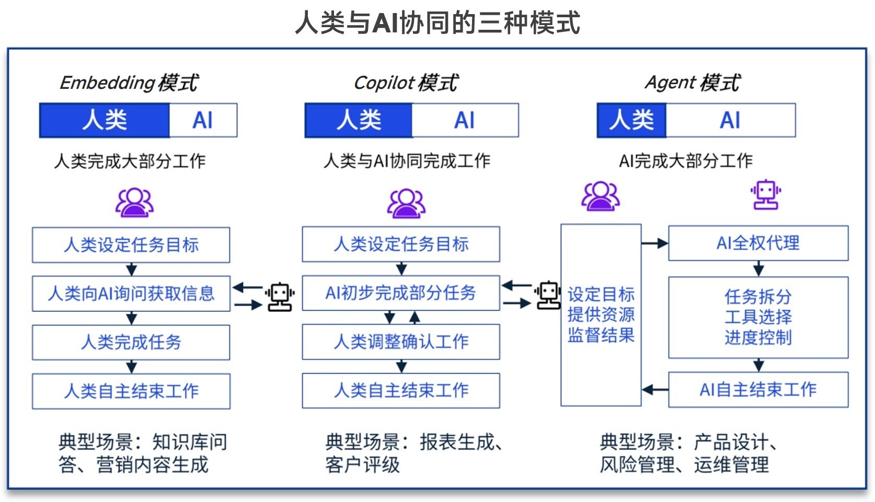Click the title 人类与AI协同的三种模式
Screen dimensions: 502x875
click(437, 23)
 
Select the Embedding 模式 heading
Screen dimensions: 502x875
click(129, 83)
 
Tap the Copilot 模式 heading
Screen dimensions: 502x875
click(406, 83)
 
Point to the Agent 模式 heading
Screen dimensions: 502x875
click(693, 83)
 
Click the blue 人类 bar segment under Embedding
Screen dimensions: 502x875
click(105, 120)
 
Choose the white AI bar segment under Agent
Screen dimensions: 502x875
click(730, 120)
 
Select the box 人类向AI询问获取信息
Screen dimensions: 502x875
click(131, 294)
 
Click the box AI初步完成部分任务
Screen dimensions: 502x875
click(401, 293)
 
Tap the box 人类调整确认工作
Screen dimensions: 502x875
click(401, 342)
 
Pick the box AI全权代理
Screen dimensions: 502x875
click(758, 243)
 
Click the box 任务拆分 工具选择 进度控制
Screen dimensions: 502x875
click(758, 317)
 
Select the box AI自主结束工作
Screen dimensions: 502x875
click(758, 390)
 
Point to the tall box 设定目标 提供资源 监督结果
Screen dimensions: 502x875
click(601, 315)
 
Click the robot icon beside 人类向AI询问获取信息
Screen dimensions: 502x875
click(280, 297)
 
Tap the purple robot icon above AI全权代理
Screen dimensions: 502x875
click(766, 195)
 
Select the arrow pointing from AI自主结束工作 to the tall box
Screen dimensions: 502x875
click(655, 390)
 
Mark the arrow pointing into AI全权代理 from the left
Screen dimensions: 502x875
click(655, 243)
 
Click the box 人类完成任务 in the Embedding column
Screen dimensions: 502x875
click(131, 342)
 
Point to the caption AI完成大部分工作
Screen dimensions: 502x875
click(686, 161)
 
